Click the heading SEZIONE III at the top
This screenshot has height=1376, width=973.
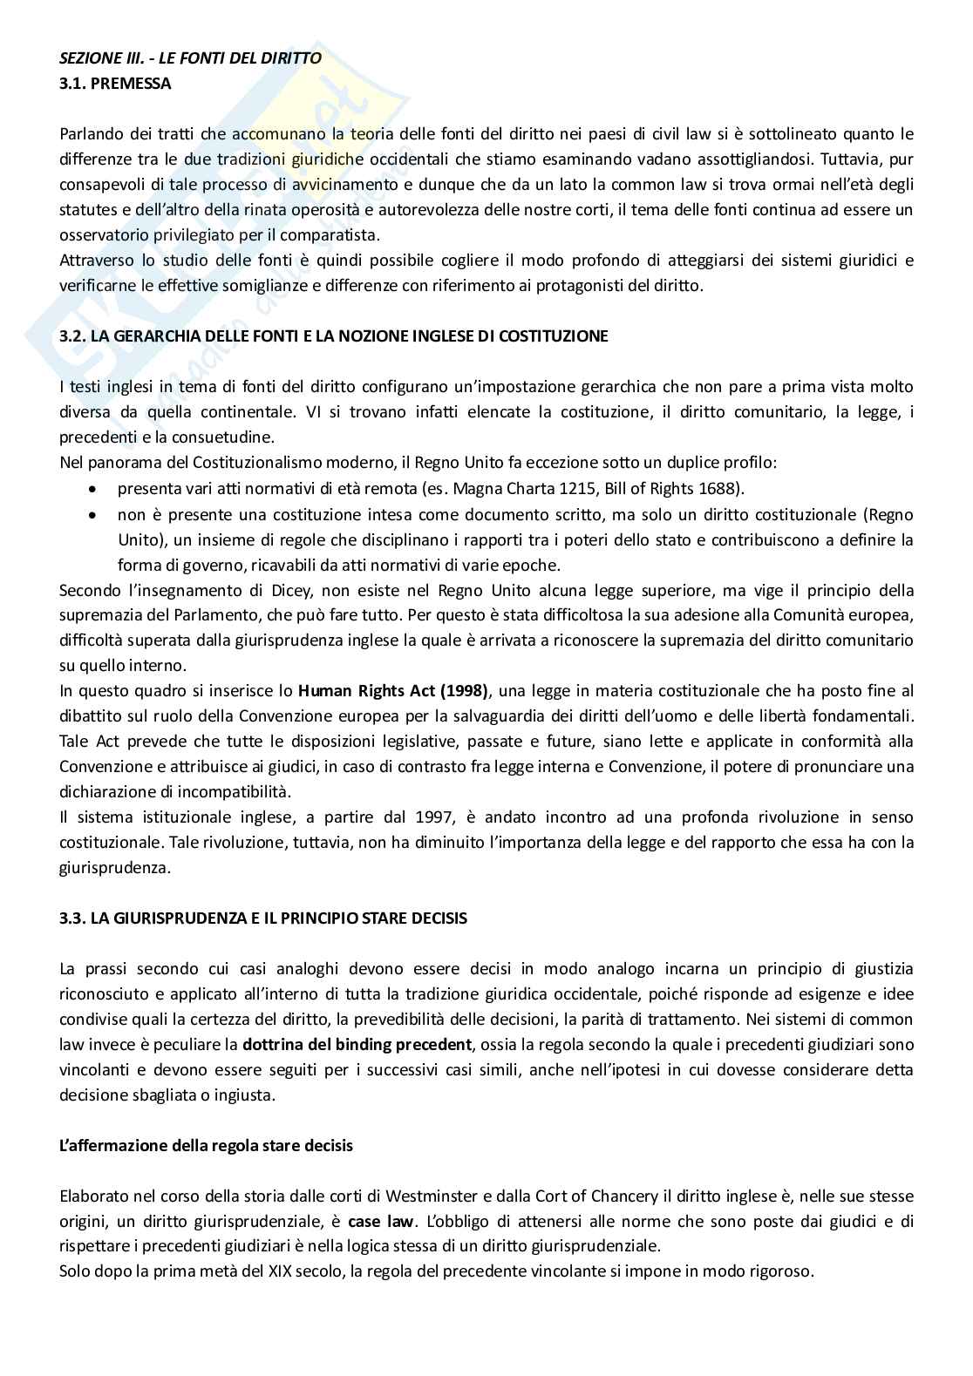click(190, 58)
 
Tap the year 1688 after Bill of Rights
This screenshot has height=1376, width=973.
click(720, 489)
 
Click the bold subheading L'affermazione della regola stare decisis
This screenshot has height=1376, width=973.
click(206, 1146)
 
